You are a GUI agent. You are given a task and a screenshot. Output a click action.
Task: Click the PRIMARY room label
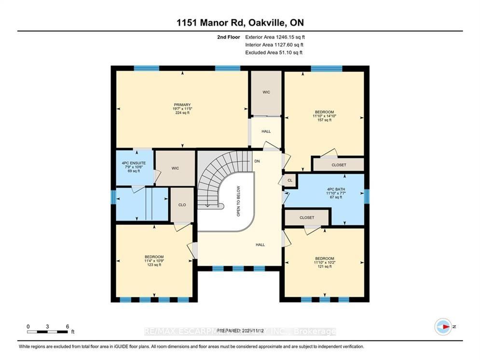click(183, 105)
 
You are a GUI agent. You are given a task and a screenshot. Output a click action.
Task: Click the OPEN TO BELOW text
click(238, 201)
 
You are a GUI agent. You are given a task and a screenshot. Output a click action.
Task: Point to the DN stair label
click(257, 161)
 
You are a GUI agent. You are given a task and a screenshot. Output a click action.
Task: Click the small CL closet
click(289, 180)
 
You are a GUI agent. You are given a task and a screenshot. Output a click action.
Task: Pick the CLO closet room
click(182, 205)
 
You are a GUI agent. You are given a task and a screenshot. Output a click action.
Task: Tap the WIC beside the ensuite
click(175, 168)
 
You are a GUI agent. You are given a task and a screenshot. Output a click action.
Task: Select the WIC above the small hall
click(266, 92)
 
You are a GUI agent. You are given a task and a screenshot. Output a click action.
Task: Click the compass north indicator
click(443, 327)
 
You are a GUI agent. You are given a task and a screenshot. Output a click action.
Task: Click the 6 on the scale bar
click(67, 326)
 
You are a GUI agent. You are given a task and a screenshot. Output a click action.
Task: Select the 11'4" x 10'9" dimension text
click(154, 261)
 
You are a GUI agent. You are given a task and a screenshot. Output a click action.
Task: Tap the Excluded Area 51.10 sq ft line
click(274, 52)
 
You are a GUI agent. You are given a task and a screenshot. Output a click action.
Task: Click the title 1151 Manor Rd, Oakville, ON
click(240, 23)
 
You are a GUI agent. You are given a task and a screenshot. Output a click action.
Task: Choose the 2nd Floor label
click(229, 37)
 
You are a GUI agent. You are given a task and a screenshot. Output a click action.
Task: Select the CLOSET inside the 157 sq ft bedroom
click(339, 165)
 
